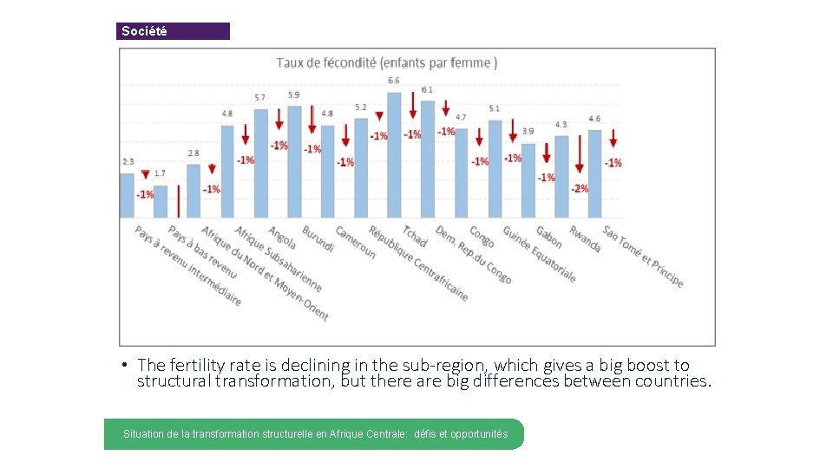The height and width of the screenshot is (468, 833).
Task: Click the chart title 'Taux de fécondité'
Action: coord(386,62)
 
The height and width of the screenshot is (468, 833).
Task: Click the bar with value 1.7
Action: coord(161,201)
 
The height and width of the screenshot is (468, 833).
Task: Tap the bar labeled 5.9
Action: coord(294,161)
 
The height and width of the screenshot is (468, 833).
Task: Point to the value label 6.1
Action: coord(427,90)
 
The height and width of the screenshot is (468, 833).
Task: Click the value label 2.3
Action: coord(128,161)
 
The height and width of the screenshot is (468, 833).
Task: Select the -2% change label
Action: coord(580,188)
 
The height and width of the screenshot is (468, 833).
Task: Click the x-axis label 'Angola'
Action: coord(282,237)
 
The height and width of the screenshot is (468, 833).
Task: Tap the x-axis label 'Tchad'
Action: coord(415,236)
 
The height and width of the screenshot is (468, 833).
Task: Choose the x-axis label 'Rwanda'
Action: coord(585,239)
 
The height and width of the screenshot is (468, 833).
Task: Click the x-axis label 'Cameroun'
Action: coord(356,243)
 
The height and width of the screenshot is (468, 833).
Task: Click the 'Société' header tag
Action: coord(144,31)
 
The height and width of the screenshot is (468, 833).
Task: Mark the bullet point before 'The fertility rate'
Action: coord(126,365)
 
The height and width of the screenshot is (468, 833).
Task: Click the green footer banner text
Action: coord(315,433)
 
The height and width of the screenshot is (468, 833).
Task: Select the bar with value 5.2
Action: coord(361,167)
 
